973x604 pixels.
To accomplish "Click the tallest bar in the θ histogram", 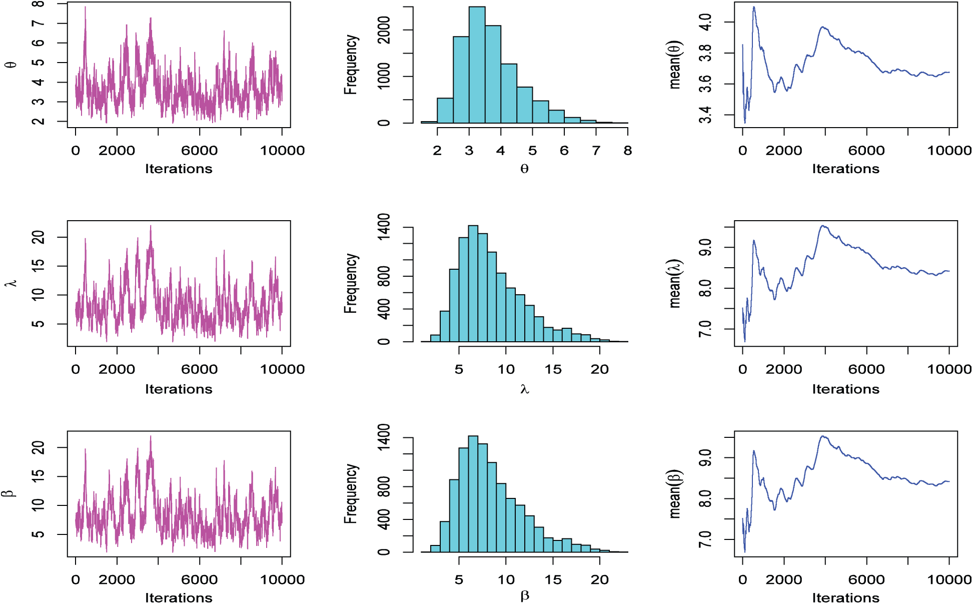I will point(477,65).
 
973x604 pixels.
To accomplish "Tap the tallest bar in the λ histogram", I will point(473,284).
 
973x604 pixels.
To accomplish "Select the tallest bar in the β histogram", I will point(473,494).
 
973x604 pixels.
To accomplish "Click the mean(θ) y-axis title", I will point(675,65).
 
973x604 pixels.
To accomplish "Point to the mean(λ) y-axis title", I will point(675,284).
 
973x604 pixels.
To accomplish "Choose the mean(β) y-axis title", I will point(675,494).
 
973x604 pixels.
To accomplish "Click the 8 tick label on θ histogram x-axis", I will point(628,151).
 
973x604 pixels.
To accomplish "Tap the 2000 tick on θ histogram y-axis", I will point(384,30).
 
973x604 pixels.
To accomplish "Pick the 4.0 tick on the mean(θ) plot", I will point(705,23).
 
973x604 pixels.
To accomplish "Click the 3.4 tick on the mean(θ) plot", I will point(705,115).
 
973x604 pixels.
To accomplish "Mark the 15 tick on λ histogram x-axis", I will point(553,370).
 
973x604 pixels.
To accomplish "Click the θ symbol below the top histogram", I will point(524,169).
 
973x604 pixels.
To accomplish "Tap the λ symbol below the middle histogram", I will point(524,389).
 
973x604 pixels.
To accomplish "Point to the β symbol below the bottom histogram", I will point(525,596).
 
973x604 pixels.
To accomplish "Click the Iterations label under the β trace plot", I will point(179,598).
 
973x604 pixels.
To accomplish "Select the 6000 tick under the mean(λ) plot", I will point(866,370).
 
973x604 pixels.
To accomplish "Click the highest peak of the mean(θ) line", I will point(754,7).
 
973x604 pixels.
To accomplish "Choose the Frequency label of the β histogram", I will point(351,493).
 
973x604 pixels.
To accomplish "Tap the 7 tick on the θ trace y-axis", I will point(39,24).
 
